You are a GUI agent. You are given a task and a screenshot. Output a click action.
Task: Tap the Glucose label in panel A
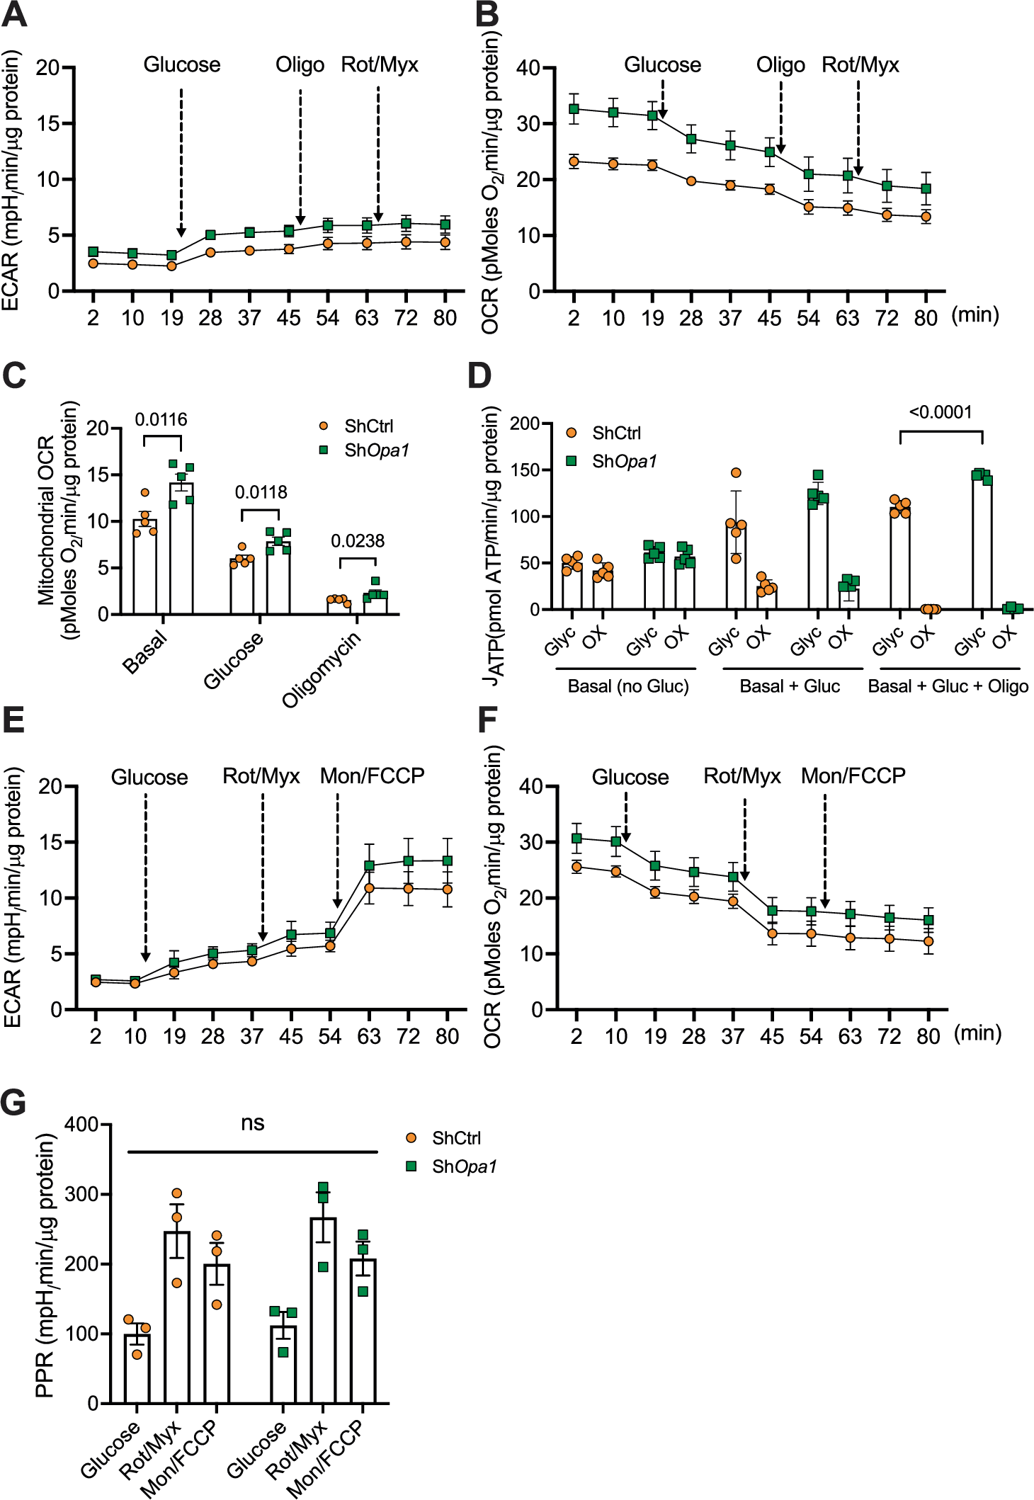coord(182,65)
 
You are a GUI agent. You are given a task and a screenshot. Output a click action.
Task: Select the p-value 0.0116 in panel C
coord(161,420)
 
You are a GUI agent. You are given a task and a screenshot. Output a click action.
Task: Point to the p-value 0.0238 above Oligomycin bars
coord(358,541)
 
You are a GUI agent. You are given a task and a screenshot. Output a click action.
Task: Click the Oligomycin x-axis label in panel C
coord(322,669)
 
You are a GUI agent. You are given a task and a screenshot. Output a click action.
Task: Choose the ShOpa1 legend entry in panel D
coord(613,462)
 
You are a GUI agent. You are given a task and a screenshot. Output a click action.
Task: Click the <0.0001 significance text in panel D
coord(940,412)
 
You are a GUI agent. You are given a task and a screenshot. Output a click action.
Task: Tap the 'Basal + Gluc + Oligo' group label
coord(948,686)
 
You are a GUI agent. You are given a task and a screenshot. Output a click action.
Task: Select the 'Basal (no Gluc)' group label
coord(628,686)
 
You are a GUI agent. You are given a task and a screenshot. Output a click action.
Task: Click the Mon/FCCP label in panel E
coord(372,776)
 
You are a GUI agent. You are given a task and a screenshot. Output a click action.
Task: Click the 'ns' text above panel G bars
coord(252,1124)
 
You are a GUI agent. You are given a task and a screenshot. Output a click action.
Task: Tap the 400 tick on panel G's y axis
coord(82,1125)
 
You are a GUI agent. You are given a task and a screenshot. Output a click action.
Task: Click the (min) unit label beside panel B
coord(975,314)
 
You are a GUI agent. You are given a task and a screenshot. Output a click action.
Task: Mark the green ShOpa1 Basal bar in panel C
coord(181,549)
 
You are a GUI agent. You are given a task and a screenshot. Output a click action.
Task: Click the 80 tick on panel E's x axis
coord(447,1037)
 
